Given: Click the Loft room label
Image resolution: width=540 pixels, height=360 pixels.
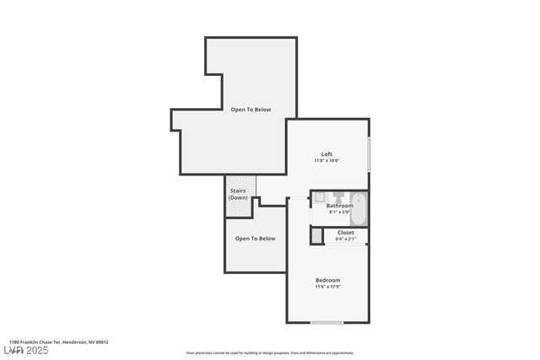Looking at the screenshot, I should tap(327, 153).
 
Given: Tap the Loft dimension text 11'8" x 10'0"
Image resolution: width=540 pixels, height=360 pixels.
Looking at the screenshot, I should tap(327, 160).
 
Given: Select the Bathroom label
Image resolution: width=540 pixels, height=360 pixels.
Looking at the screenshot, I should tap(340, 206).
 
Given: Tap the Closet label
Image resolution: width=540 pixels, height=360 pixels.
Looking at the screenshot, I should tap(346, 232).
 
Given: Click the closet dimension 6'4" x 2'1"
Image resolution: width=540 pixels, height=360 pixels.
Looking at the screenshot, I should tap(346, 239).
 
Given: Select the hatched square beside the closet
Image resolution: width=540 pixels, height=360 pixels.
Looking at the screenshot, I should tap(316, 237).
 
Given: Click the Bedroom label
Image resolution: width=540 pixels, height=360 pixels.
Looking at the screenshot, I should tap(327, 280).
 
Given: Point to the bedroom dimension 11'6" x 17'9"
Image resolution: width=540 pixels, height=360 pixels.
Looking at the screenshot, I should tap(327, 287).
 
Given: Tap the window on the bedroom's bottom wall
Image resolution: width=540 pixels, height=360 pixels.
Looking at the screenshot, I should tap(327, 322).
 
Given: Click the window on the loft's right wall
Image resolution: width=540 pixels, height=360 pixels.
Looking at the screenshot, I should tap(369, 153).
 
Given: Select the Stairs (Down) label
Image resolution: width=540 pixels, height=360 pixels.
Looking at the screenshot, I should tap(238, 194).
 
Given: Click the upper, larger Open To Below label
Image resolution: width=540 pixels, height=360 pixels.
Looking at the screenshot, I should tap(251, 110).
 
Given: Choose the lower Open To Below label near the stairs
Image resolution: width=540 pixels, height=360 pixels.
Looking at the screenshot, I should tap(255, 239).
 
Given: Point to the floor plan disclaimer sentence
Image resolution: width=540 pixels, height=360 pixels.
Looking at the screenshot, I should tap(270, 353).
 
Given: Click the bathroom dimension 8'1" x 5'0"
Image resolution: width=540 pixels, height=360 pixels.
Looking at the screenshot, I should tap(340, 212).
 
